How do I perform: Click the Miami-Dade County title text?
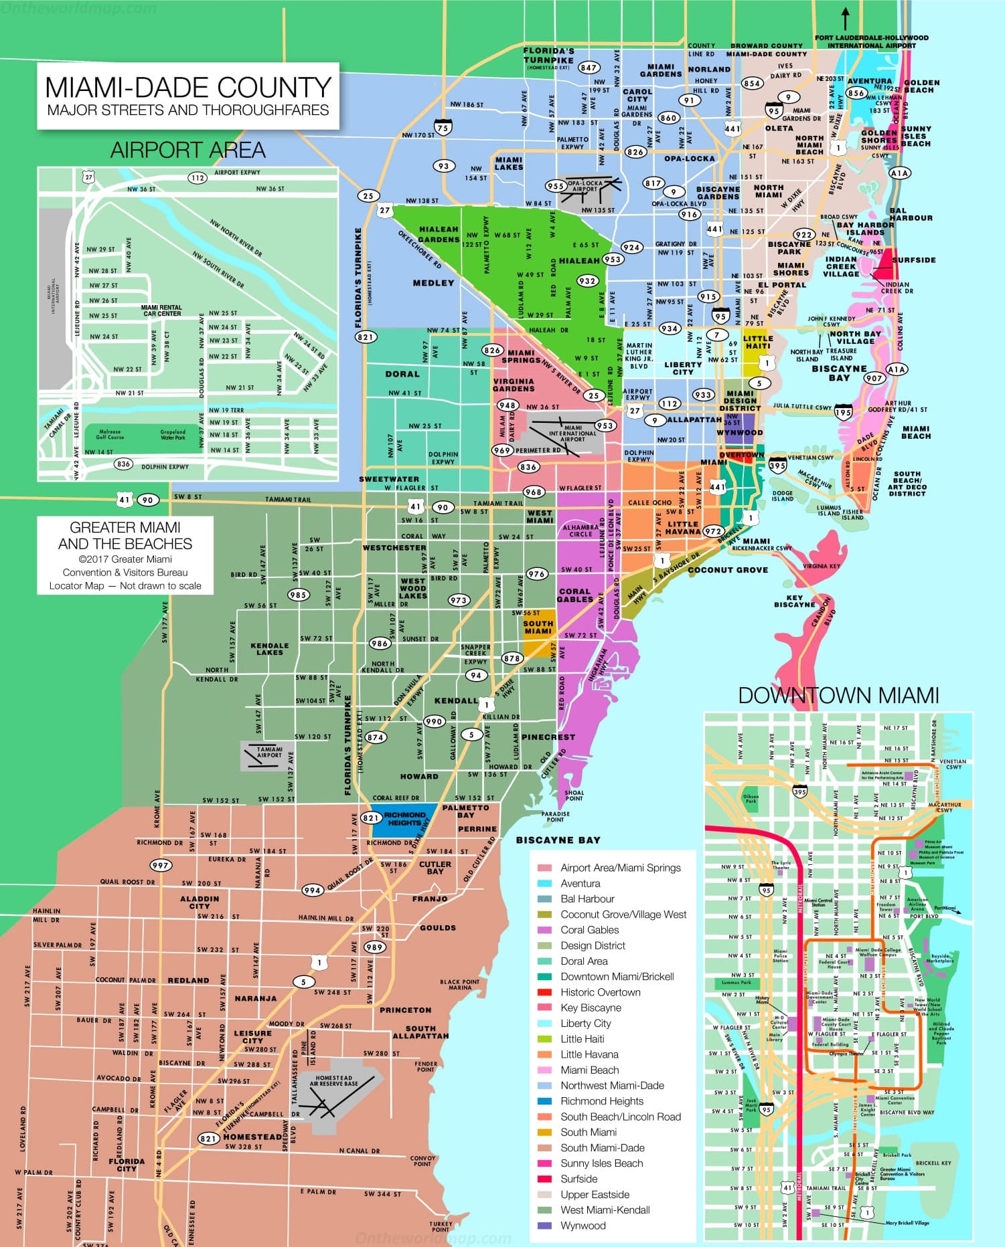(x=187, y=88)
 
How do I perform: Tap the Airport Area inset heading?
(x=187, y=150)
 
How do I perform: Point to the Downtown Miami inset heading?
(x=838, y=695)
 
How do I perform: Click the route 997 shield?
(x=160, y=865)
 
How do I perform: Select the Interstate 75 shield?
(x=442, y=126)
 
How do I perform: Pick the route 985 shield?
(x=298, y=595)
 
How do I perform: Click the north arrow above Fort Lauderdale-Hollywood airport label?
(x=845, y=17)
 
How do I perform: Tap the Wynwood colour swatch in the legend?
(x=544, y=1226)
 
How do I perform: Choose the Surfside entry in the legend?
(x=578, y=1179)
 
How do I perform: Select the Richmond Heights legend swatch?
(x=544, y=1101)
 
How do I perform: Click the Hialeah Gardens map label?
(x=439, y=234)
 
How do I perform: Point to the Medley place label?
(x=433, y=283)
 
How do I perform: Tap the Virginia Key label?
(x=821, y=566)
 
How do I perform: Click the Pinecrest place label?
(x=548, y=737)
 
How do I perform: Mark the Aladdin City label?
(x=200, y=902)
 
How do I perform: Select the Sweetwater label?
(x=389, y=479)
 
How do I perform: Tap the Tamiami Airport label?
(x=270, y=752)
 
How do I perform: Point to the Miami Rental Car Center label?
(x=162, y=310)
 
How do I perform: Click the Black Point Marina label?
(x=460, y=985)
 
